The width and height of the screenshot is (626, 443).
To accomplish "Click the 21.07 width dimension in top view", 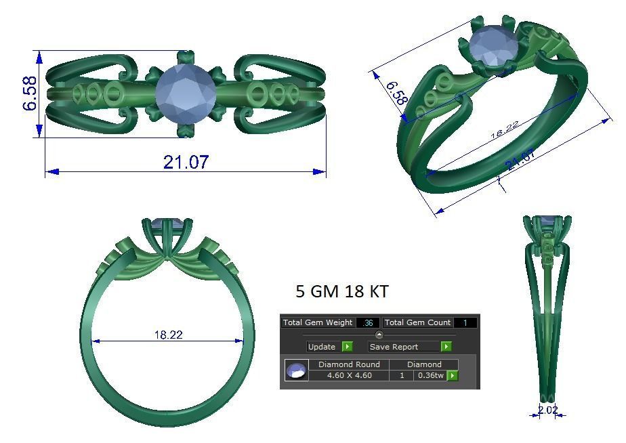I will (x=186, y=163).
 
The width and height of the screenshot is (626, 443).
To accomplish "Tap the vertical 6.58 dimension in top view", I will (x=30, y=94).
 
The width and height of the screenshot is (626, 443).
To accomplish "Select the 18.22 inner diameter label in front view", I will (x=168, y=335).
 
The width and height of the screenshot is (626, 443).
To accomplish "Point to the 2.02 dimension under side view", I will (x=547, y=410).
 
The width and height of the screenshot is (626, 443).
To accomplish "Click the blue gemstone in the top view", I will (x=186, y=94).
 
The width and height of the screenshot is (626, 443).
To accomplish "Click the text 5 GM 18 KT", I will (x=342, y=291).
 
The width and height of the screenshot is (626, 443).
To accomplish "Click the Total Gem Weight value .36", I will (x=368, y=322).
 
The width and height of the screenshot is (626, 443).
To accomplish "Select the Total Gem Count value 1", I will (x=465, y=322).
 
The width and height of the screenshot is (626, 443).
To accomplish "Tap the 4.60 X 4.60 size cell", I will (x=349, y=375).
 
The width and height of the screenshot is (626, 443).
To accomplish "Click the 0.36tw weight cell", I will (x=430, y=375).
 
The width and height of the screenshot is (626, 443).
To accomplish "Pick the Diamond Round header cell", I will (x=349, y=364).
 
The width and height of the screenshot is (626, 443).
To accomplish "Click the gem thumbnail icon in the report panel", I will (x=296, y=371).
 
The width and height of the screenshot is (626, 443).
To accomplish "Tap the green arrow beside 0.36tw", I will (x=452, y=375).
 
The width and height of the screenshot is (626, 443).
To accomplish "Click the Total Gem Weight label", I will (x=318, y=322).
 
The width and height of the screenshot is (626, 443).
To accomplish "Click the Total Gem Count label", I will (x=418, y=322).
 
